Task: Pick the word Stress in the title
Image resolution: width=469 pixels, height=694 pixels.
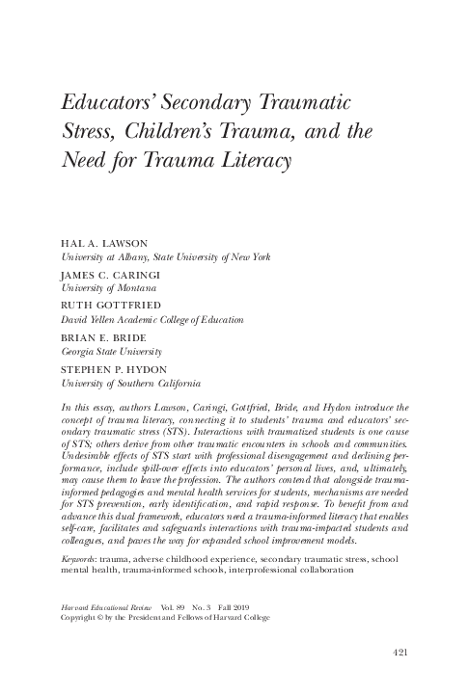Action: point(88,128)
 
